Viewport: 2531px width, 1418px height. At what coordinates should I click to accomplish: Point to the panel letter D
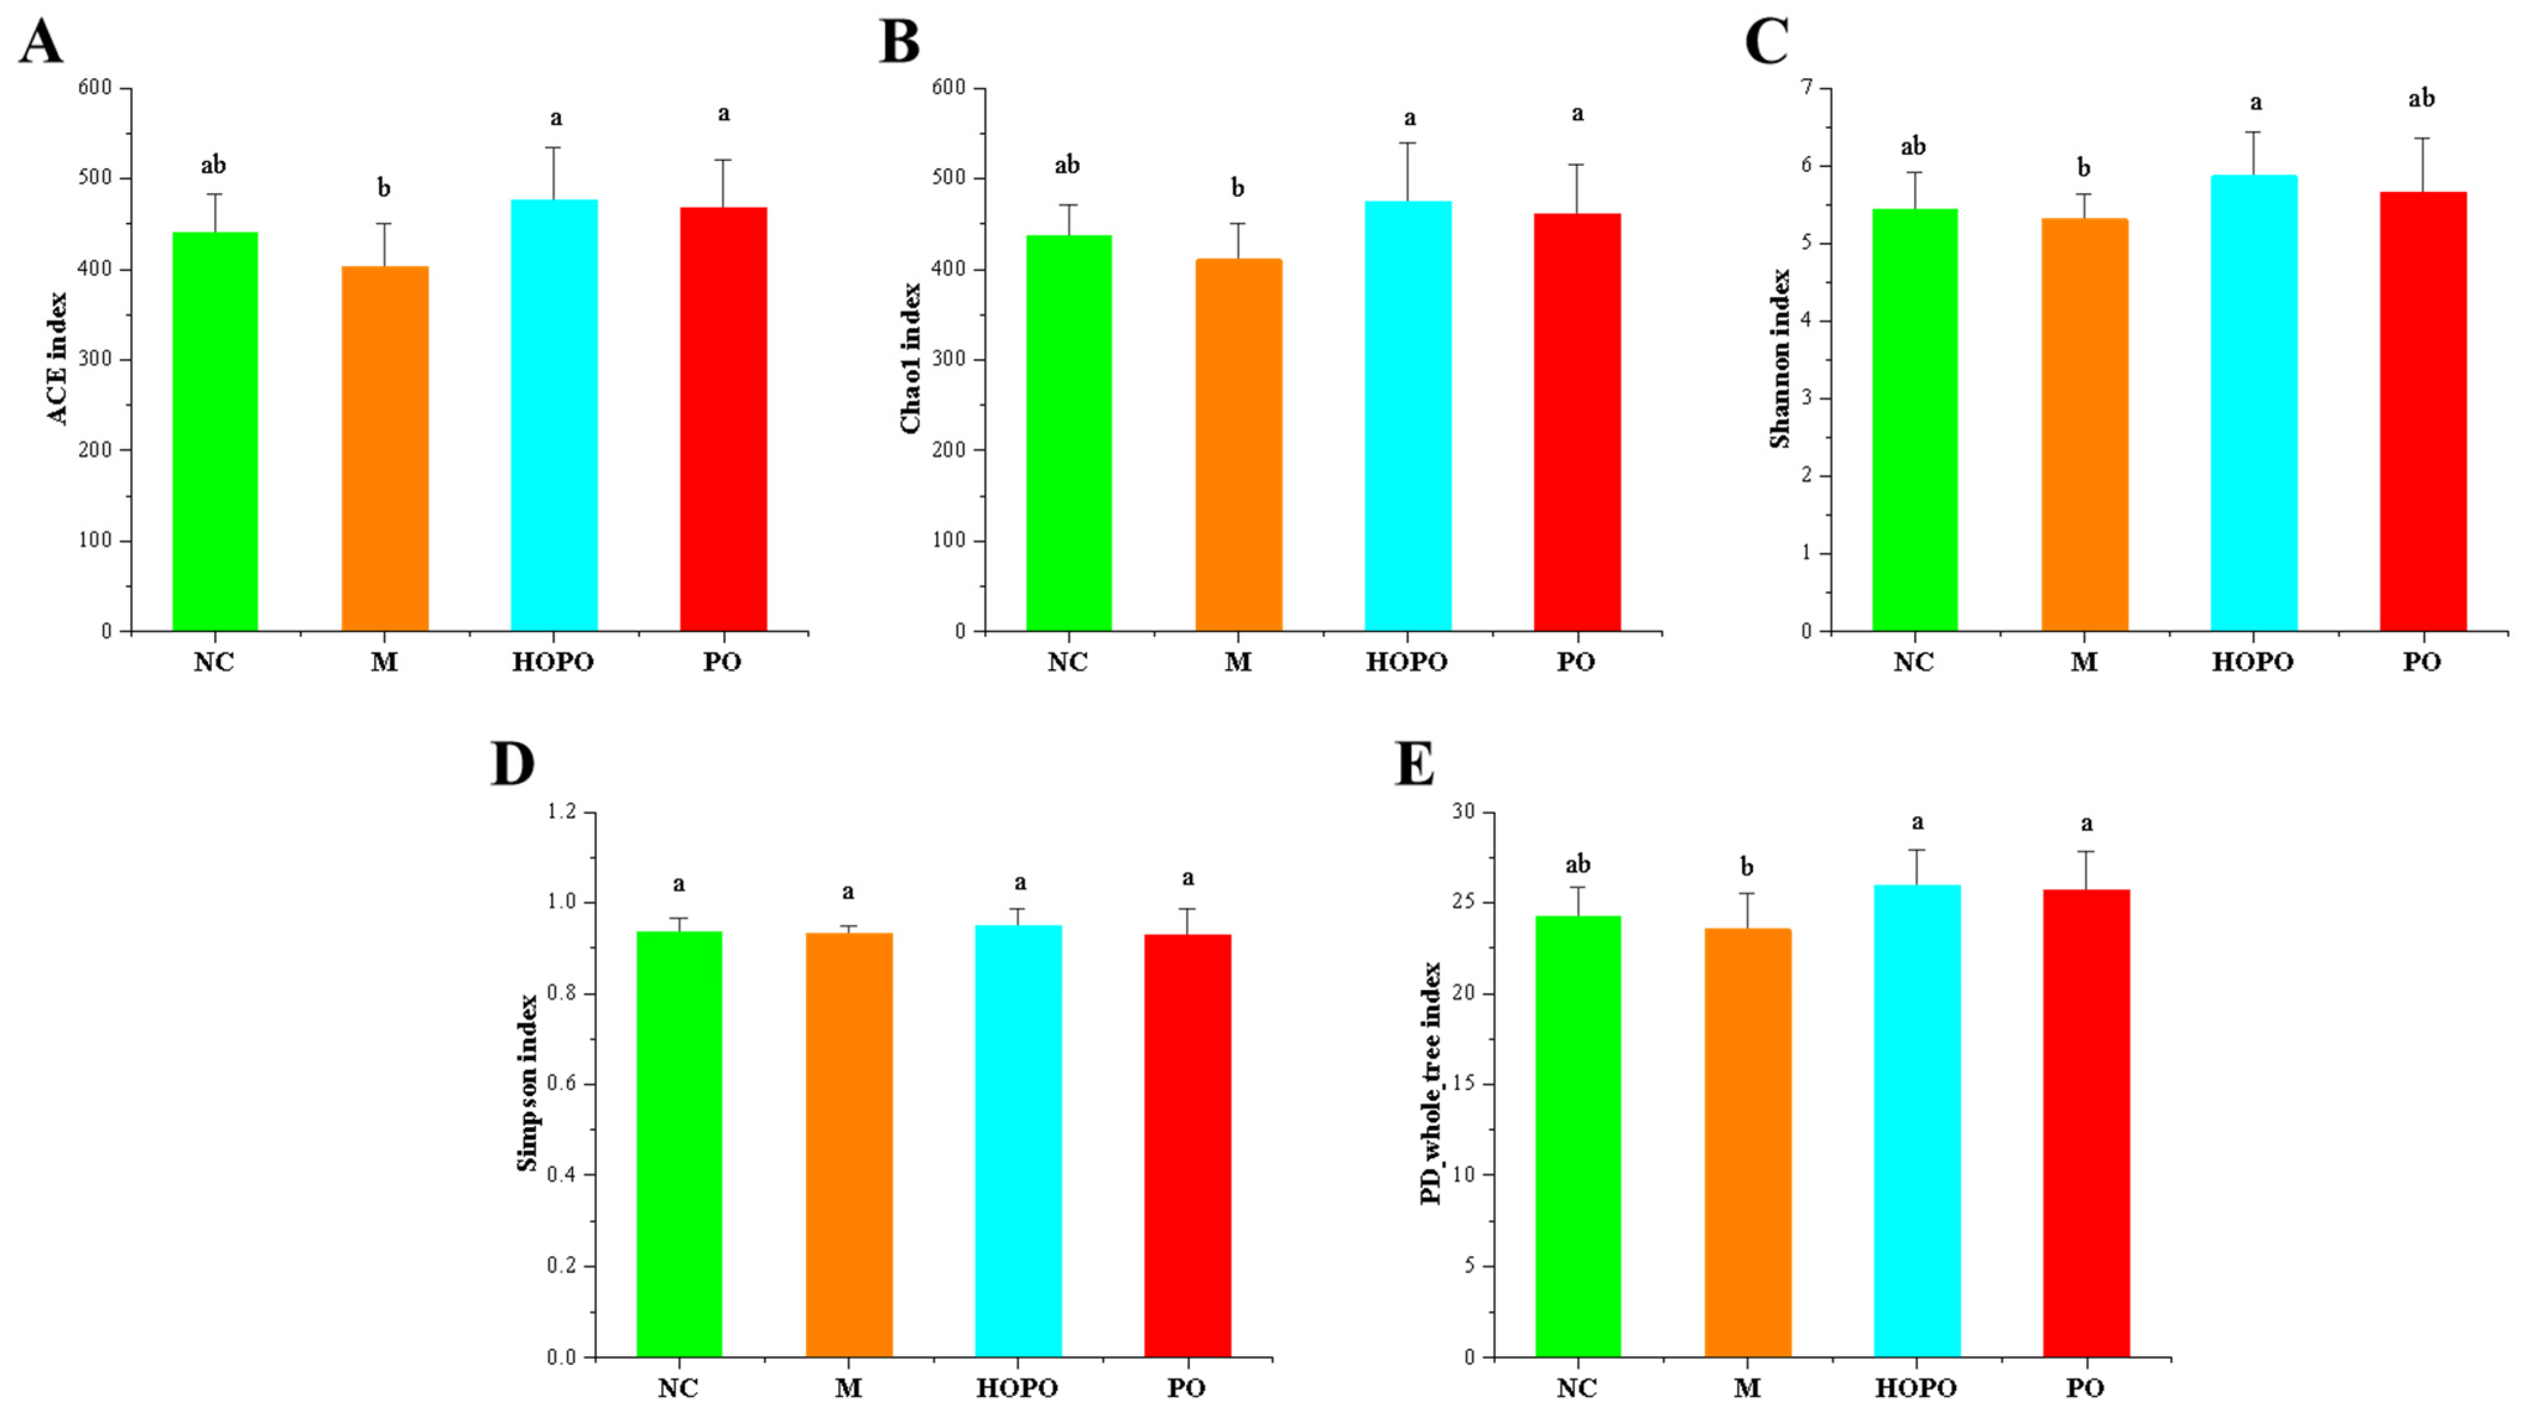(512, 764)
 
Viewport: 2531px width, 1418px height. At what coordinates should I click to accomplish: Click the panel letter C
(1765, 41)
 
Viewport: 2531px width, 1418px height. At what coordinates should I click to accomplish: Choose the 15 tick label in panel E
(1463, 1084)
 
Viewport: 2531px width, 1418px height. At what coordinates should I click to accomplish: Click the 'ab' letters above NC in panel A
(213, 165)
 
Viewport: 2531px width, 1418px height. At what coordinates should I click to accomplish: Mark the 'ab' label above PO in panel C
(2421, 98)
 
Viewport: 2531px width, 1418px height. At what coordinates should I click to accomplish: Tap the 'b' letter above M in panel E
(1746, 867)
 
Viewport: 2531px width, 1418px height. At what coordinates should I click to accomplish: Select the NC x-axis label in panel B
(1067, 662)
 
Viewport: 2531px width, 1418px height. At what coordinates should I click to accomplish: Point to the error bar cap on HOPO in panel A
(554, 147)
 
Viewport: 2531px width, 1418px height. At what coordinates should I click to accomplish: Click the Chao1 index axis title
(911, 358)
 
